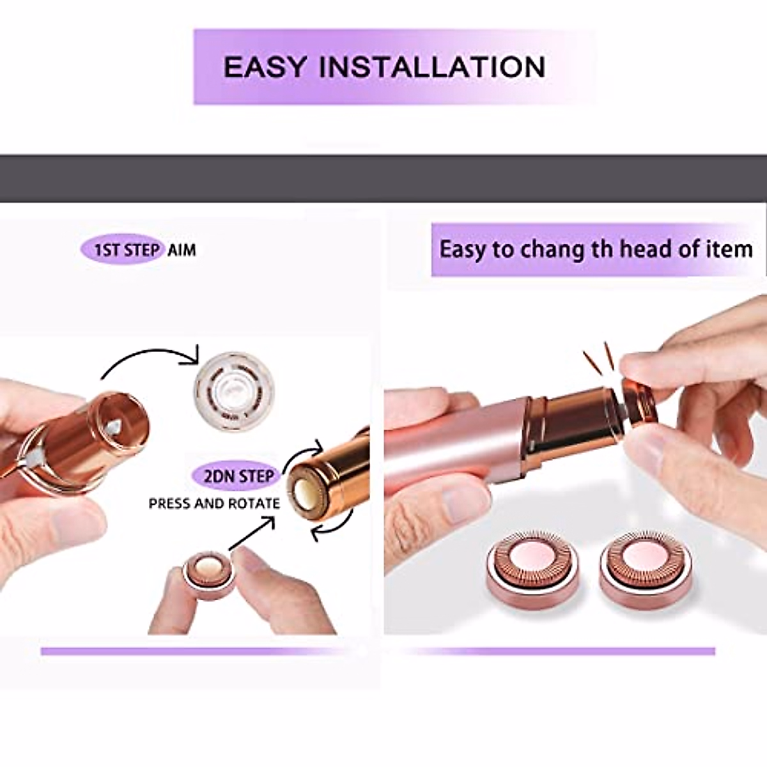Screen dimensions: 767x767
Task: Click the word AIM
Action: point(182,250)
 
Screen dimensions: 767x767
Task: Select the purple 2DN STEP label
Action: point(236,476)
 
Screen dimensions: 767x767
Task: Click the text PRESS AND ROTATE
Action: point(214,504)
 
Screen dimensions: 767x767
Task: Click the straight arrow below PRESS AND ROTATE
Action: point(251,533)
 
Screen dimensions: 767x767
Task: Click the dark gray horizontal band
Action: point(383,179)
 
